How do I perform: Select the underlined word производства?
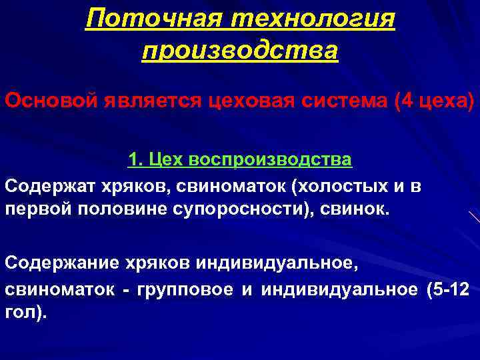click(x=241, y=51)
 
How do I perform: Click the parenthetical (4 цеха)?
click(x=434, y=103)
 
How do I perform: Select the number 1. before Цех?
click(x=134, y=161)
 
